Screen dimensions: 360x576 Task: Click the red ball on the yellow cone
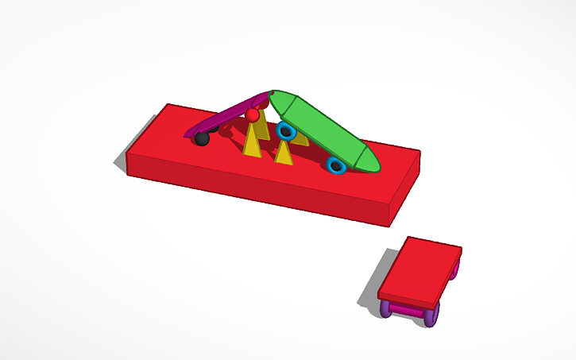click(253, 115)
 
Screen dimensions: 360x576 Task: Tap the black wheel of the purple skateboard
click(202, 139)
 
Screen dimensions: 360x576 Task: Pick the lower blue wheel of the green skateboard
click(336, 165)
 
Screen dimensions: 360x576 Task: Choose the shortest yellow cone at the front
click(284, 153)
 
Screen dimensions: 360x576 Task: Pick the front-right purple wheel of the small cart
click(431, 317)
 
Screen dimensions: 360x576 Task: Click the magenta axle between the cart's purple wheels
click(408, 311)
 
